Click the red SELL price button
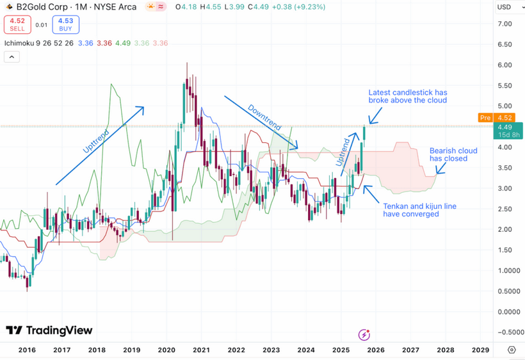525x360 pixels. point(17,25)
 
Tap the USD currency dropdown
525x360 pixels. point(508,7)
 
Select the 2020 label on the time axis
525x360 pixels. point(166,350)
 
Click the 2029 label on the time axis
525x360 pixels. point(480,350)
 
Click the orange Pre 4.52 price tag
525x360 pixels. point(494,117)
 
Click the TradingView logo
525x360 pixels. point(49,331)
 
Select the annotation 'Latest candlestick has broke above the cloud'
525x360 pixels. point(407,96)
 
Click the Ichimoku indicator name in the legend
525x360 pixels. point(19,43)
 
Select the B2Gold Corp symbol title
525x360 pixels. point(45,7)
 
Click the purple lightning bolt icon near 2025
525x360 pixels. point(364,334)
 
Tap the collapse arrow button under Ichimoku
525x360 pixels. point(12,57)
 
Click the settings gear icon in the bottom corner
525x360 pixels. point(512,350)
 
